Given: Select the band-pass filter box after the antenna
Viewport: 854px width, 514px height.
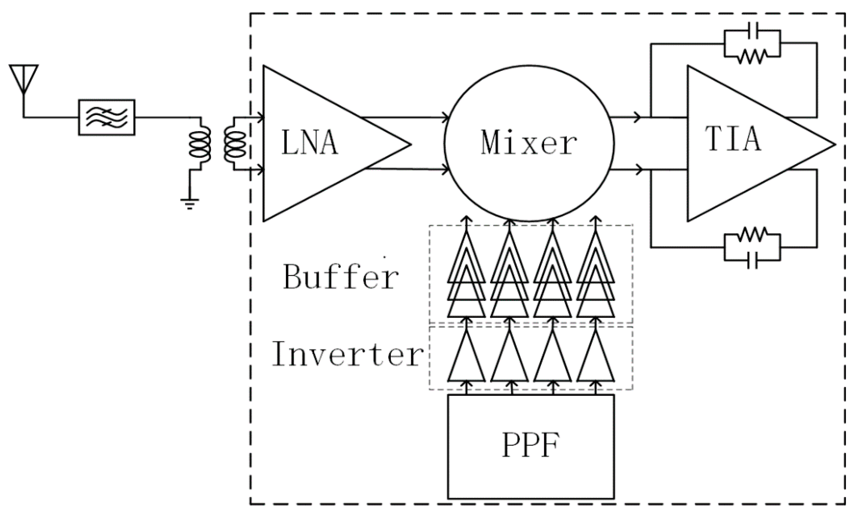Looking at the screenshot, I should pos(106,118).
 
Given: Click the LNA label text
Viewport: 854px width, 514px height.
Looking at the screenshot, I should pos(309,143).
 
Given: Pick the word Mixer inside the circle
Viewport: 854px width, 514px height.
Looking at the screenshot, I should pos(529,143).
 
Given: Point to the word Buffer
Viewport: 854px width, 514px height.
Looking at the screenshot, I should pos(340,277).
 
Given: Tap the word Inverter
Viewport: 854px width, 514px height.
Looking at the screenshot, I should pos(347,354).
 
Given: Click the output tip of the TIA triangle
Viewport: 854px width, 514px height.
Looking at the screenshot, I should pos(833,144).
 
